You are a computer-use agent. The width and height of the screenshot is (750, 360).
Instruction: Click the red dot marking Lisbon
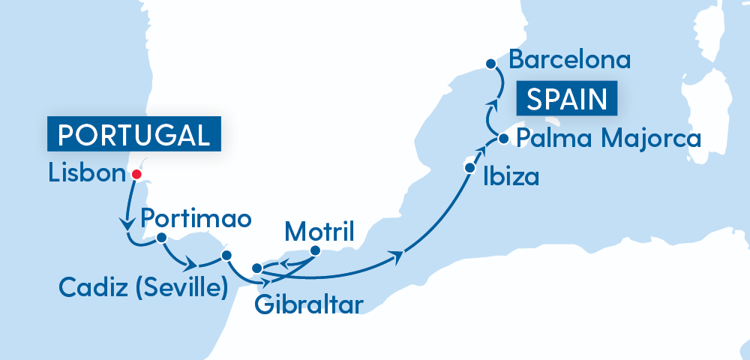136,175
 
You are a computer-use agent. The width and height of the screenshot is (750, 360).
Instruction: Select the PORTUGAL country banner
134,134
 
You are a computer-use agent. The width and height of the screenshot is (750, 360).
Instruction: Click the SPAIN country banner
566,99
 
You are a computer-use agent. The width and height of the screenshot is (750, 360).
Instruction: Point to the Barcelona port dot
490,64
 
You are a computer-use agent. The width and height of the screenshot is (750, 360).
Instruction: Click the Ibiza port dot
470,168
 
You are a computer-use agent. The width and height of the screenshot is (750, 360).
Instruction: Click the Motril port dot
316,250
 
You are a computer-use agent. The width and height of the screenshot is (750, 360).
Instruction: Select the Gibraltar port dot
256,268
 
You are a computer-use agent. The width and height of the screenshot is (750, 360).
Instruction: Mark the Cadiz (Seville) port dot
226,256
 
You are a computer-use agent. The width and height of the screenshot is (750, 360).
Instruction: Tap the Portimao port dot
160,238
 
